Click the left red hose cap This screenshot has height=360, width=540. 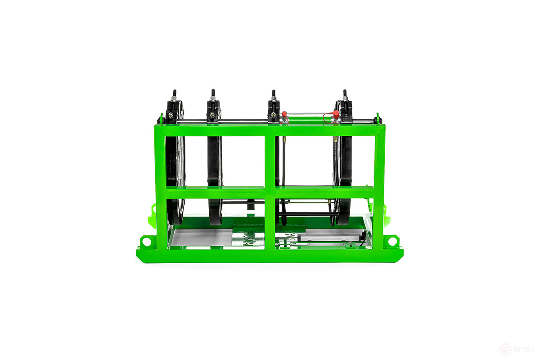pyautogui.click(x=284, y=113)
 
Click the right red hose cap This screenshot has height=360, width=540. pyautogui.click(x=336, y=114)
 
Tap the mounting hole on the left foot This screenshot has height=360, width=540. pyautogui.click(x=147, y=242)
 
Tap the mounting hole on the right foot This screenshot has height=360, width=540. pyautogui.click(x=392, y=242)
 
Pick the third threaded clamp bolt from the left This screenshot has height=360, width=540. pyautogui.click(x=274, y=95)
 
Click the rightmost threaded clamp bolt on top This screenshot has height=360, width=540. pyautogui.click(x=345, y=95)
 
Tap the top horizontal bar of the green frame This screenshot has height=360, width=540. pyautogui.click(x=270, y=130)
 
